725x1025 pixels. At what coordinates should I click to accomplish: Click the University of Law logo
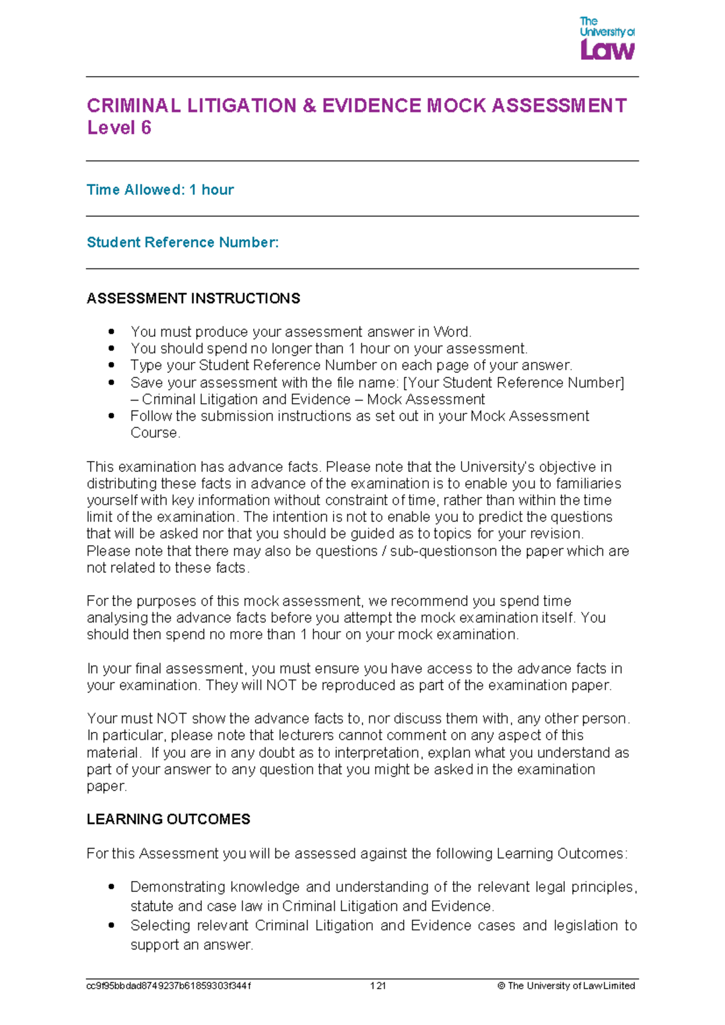607,39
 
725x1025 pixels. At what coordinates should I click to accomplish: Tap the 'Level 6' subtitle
119,128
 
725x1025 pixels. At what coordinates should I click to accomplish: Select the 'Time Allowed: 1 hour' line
160,190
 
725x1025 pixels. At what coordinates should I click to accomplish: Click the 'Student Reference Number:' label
182,242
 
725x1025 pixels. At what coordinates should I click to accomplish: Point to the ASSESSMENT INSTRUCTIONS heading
193,299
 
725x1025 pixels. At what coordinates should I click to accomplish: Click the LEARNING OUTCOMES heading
168,820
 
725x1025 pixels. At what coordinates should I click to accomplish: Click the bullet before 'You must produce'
111,332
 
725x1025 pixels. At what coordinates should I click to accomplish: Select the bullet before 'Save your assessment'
111,383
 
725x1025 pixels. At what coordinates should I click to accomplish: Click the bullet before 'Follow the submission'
111,416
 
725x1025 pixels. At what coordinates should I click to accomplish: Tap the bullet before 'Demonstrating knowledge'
111,887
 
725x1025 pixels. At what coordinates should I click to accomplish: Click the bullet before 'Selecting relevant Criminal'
111,925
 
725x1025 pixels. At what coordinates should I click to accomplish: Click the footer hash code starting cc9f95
169,986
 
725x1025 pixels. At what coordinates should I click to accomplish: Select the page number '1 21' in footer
378,986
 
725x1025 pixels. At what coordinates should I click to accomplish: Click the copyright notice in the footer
566,986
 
